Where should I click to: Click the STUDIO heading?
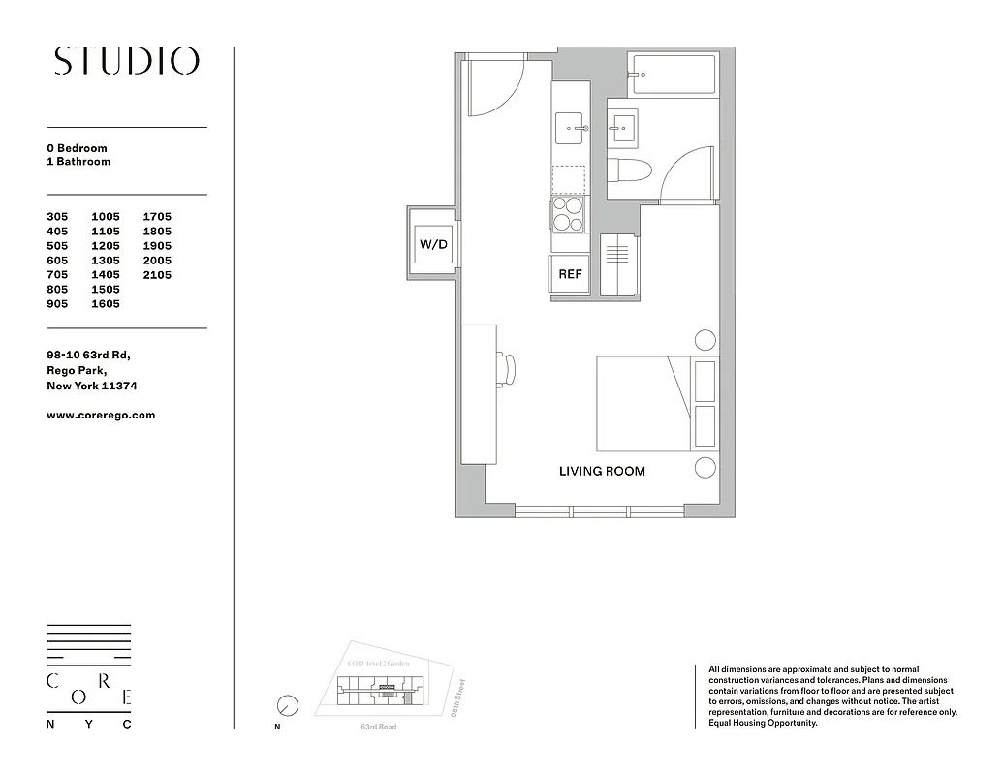pyautogui.click(x=126, y=61)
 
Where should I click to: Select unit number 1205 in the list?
pyautogui.click(x=106, y=246)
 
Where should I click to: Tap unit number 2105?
pyautogui.click(x=157, y=275)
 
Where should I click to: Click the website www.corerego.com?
pyautogui.click(x=101, y=415)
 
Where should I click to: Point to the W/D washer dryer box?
pyautogui.click(x=433, y=244)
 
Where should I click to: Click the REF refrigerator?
pyautogui.click(x=570, y=274)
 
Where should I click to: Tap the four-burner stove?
pyautogui.click(x=569, y=214)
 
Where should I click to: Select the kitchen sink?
pyautogui.click(x=570, y=128)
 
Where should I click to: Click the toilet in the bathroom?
pyautogui.click(x=627, y=169)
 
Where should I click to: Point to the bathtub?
pyautogui.click(x=672, y=77)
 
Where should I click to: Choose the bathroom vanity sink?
pyautogui.click(x=622, y=125)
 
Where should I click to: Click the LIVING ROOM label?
pyautogui.click(x=602, y=472)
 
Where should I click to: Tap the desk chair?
pyautogui.click(x=508, y=369)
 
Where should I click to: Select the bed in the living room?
pyautogui.click(x=643, y=403)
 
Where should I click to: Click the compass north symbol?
pyautogui.click(x=287, y=705)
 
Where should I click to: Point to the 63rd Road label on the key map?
pyautogui.click(x=378, y=727)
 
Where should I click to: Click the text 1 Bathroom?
pyautogui.click(x=78, y=162)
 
